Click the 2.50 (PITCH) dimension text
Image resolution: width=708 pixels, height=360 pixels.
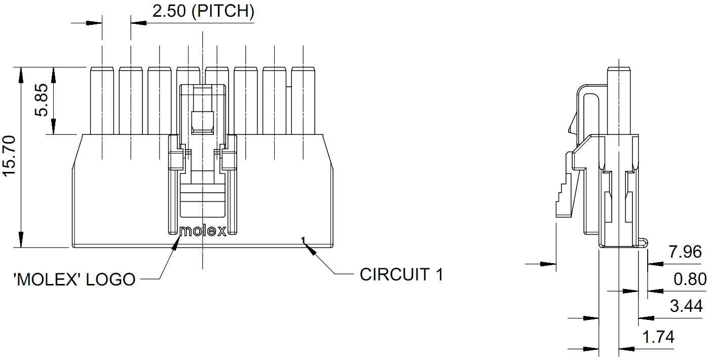click(x=203, y=11)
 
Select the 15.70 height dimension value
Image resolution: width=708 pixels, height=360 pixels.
click(x=11, y=157)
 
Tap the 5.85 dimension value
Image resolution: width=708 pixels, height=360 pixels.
click(x=42, y=100)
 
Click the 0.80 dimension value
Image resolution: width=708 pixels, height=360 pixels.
click(x=689, y=279)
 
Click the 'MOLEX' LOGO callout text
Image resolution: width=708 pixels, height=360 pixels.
click(x=74, y=279)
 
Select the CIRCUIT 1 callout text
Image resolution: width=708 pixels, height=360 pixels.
click(x=401, y=274)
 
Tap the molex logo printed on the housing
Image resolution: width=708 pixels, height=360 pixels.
click(x=203, y=231)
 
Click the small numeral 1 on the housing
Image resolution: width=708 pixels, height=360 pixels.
click(x=303, y=239)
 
